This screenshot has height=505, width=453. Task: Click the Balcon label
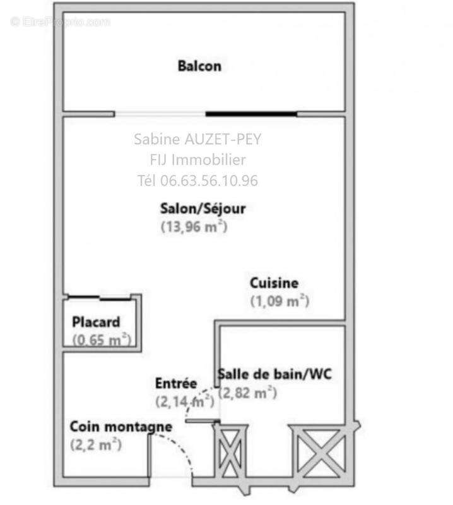click(199, 66)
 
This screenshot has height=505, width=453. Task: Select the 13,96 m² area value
click(194, 227)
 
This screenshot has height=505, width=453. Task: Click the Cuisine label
click(274, 283)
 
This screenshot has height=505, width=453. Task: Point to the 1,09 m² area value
click(279, 301)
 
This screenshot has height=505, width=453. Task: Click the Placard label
click(95, 321)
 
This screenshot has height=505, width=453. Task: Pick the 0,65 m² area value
click(101, 340)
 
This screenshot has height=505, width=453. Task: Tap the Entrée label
click(176, 383)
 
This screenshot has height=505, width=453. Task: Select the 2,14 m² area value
click(184, 400)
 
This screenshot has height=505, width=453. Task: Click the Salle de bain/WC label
click(274, 374)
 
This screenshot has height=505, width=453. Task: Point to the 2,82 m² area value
click(248, 393)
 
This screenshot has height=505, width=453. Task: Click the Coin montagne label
click(121, 427)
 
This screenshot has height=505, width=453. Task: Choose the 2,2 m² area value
click(96, 444)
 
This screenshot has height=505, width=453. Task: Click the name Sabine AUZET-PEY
click(197, 140)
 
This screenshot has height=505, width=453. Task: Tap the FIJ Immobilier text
click(197, 160)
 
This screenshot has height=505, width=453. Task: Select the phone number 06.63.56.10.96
click(209, 181)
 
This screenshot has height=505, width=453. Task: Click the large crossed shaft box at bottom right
click(318, 450)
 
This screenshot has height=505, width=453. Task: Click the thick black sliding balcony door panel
click(251, 114)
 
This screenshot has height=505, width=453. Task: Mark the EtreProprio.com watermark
click(60, 21)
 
